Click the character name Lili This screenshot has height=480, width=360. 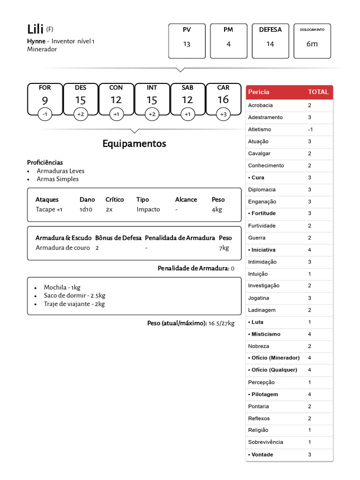coord(35,29)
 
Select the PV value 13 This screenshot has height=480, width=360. coord(187,44)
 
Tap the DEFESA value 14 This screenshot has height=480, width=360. coord(270,44)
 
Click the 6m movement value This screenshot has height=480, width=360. coord(312,44)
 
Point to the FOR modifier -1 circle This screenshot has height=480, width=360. coord(45,114)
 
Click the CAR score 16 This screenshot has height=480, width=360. coord(223,99)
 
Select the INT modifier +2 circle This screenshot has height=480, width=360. coord(152,114)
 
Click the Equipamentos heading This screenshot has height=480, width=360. coord(134,144)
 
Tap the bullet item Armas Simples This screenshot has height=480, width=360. coord(58,179)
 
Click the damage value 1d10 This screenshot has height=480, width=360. coord(86,210)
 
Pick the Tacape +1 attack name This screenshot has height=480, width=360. coord(49,210)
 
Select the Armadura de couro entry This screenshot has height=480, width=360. coord(62,248)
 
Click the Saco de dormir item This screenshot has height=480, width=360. coord(75,295)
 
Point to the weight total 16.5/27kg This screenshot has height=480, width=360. coord(221,323)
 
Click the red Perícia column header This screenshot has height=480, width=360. coord(259,92)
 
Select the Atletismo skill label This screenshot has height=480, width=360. coord(259,129)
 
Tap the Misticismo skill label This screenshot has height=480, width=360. coord(266,334)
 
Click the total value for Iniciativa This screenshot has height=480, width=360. coord(309,250)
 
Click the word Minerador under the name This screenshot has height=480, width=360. coord(42,49)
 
